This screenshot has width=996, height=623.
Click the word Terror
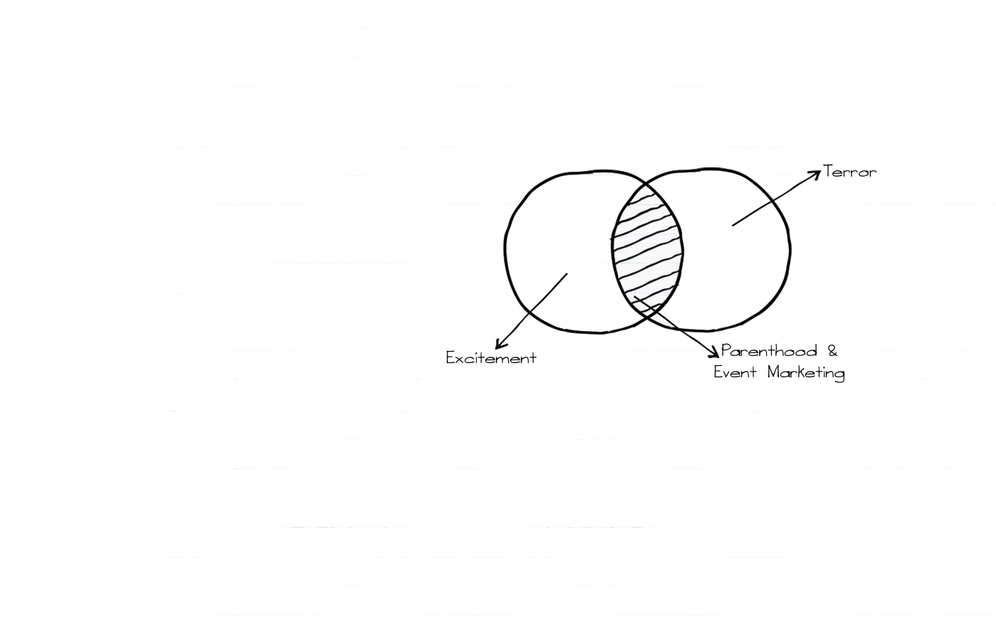pos(850,172)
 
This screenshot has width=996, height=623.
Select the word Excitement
pos(491,358)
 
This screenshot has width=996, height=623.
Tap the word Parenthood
pos(769,351)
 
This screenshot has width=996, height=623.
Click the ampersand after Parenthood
pos(832,350)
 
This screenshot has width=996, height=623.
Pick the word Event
pos(735,372)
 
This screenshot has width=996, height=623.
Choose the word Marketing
pos(806,372)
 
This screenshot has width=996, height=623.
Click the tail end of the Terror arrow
pos(733,226)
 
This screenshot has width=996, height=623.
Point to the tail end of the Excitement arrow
pos(567,273)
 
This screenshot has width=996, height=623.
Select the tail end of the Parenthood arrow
pos(634,297)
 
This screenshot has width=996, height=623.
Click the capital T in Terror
pos(828,171)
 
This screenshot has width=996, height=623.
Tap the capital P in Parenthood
pos(726,350)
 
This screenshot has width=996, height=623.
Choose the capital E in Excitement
pos(450,358)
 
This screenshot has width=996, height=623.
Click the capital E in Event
pos(719,372)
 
